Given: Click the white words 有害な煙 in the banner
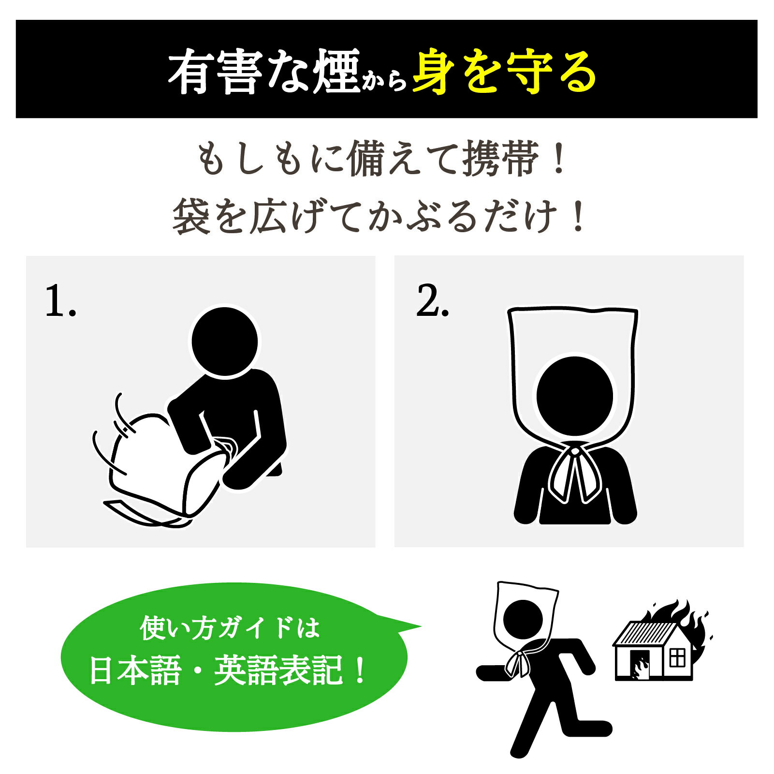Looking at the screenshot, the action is pos(264,72).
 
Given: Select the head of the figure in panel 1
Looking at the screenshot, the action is pos(225,342).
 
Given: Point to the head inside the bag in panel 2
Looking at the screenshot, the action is pos(575,396).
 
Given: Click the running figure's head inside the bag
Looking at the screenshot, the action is pos(523,619).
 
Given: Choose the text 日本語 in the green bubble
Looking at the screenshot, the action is pos(135,670).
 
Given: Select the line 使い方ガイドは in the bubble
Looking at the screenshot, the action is pos(230,628).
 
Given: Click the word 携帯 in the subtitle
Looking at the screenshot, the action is pos(500,158).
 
